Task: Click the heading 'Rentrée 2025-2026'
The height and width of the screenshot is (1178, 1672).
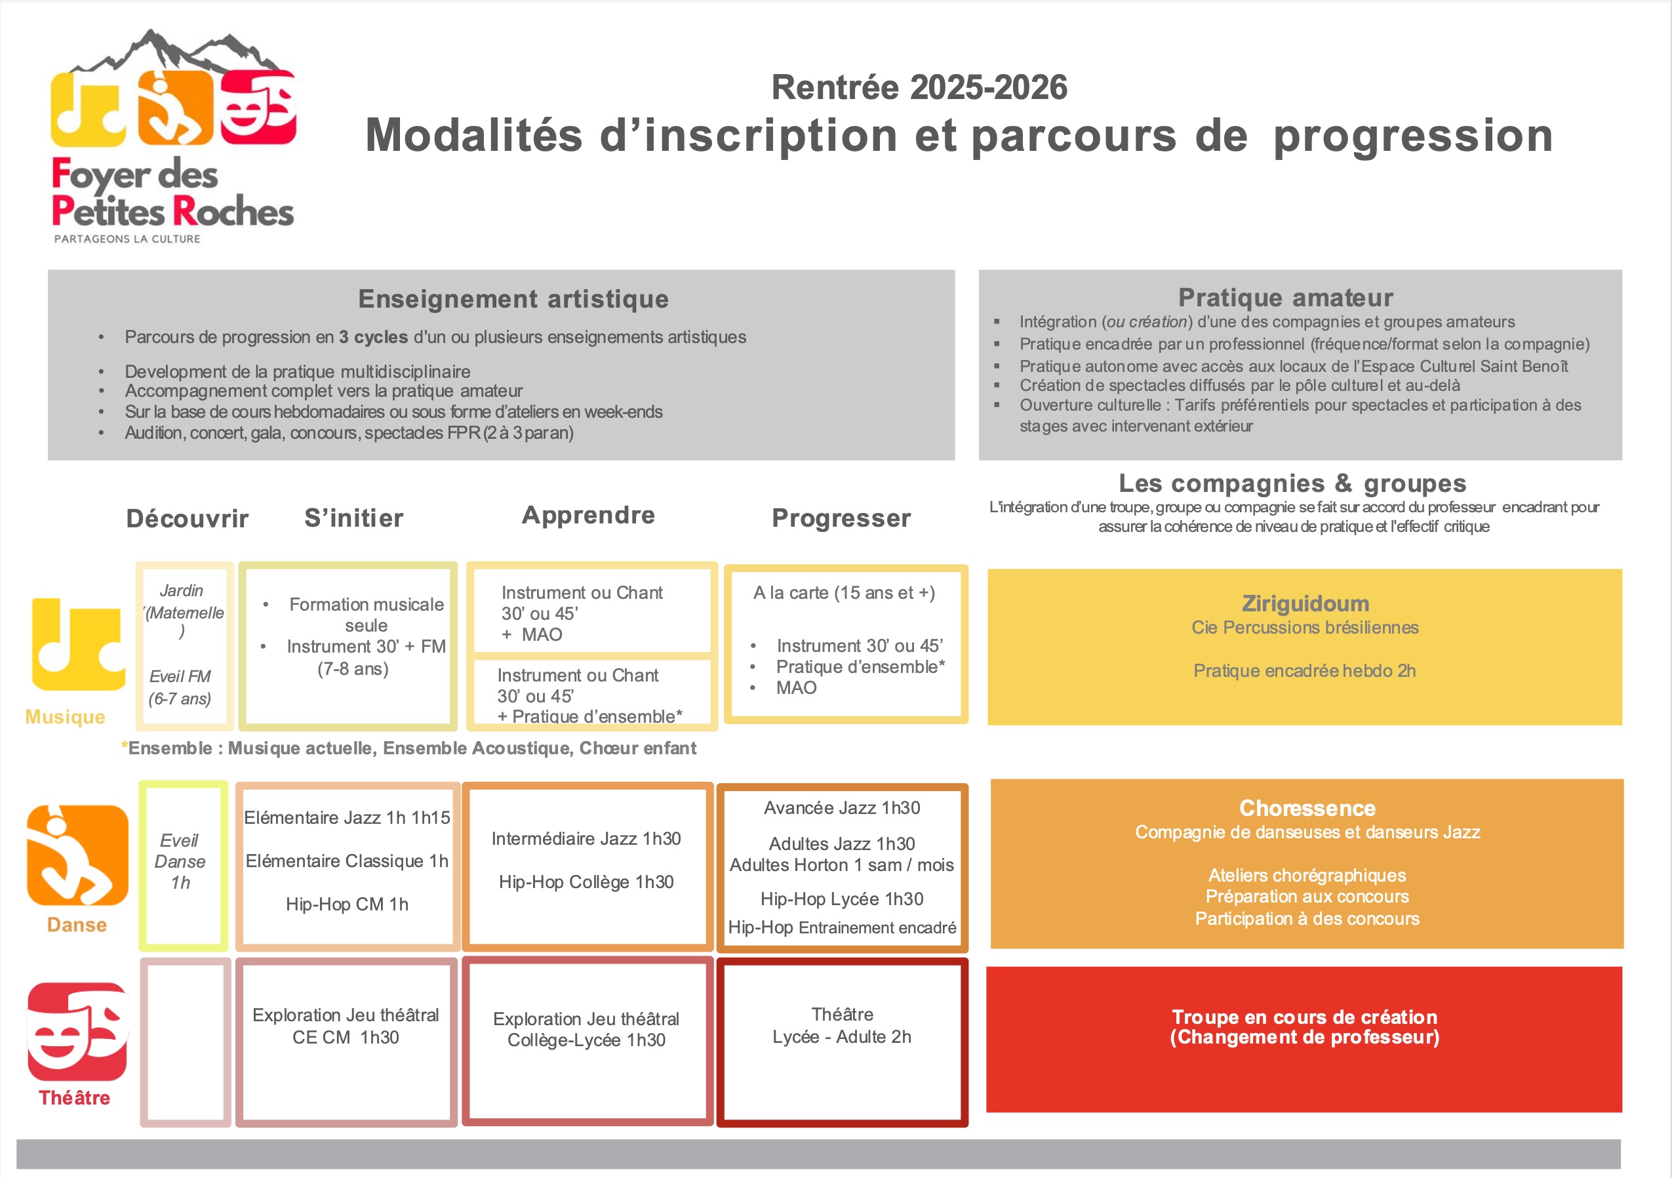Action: [919, 87]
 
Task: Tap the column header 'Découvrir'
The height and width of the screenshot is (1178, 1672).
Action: [187, 518]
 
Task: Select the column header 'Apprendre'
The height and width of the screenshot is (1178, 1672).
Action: [588, 516]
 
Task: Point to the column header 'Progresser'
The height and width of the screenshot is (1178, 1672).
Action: [841, 518]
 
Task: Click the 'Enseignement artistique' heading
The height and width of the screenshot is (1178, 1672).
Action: [513, 298]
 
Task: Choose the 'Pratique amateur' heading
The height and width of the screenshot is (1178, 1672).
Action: [1285, 297]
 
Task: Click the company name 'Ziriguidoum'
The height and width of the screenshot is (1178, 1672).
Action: [1305, 603]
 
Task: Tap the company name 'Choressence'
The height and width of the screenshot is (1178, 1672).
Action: [1307, 808]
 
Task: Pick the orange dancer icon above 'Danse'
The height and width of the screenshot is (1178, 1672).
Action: [77, 854]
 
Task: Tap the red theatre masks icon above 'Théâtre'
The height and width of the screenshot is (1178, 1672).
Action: [78, 1031]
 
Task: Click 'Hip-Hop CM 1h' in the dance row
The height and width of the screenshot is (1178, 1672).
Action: [347, 904]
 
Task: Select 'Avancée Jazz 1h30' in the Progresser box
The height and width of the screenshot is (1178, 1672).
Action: [842, 808]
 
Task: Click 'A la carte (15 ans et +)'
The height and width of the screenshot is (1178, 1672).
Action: [844, 593]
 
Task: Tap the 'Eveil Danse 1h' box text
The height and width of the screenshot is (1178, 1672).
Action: [180, 861]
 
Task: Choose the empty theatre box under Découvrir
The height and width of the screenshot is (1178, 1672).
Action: [186, 1042]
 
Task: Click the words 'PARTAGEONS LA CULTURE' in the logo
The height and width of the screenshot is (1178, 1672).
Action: [127, 239]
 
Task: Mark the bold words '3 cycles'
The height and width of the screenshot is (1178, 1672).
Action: [373, 337]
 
